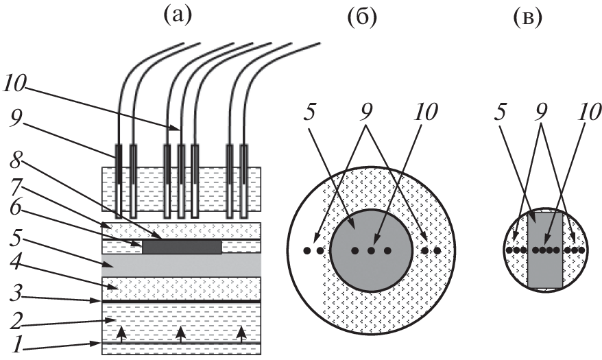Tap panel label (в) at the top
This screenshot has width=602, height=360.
(x=527, y=19)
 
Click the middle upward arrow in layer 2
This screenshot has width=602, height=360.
(x=180, y=334)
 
